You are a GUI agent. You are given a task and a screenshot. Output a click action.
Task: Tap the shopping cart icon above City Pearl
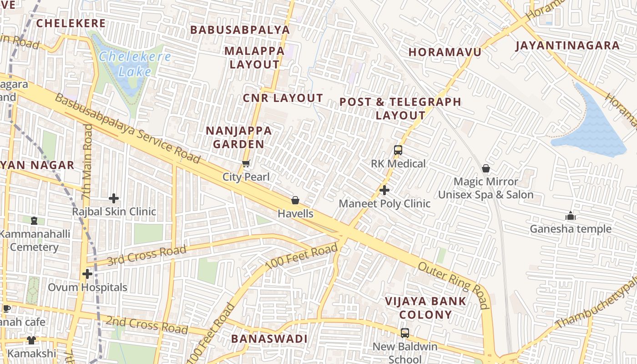click(x=246, y=164)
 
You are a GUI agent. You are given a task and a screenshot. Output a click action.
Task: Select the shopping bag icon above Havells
click(x=295, y=200)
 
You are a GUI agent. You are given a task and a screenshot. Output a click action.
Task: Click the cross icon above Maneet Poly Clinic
click(x=384, y=190)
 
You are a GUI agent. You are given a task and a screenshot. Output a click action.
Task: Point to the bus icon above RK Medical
click(x=398, y=150)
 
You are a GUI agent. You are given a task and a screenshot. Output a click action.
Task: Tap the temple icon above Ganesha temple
click(x=571, y=216)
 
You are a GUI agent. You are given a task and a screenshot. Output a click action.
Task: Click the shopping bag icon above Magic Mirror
click(x=486, y=168)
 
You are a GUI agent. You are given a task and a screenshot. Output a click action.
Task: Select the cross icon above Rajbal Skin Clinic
click(x=114, y=198)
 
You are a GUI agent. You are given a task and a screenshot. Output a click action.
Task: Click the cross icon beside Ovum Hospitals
click(x=87, y=274)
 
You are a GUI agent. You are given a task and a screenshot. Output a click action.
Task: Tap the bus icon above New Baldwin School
click(x=405, y=333)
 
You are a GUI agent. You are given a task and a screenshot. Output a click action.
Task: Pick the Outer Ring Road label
click(x=453, y=285)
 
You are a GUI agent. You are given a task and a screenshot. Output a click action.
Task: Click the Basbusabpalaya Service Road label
click(x=127, y=128)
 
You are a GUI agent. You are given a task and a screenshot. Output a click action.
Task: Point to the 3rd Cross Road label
click(x=147, y=255)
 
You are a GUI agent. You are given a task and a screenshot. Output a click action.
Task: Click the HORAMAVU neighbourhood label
click(x=445, y=52)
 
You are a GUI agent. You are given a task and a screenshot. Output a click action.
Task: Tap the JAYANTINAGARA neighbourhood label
click(x=567, y=45)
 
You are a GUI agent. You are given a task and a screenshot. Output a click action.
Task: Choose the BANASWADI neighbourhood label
click(x=269, y=339)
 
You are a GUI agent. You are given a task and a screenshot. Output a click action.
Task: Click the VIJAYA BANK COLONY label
click(x=425, y=308)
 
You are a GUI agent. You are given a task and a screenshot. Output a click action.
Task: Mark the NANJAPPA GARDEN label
click(x=239, y=137)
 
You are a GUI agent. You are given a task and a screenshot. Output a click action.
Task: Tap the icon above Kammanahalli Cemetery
click(x=34, y=221)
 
